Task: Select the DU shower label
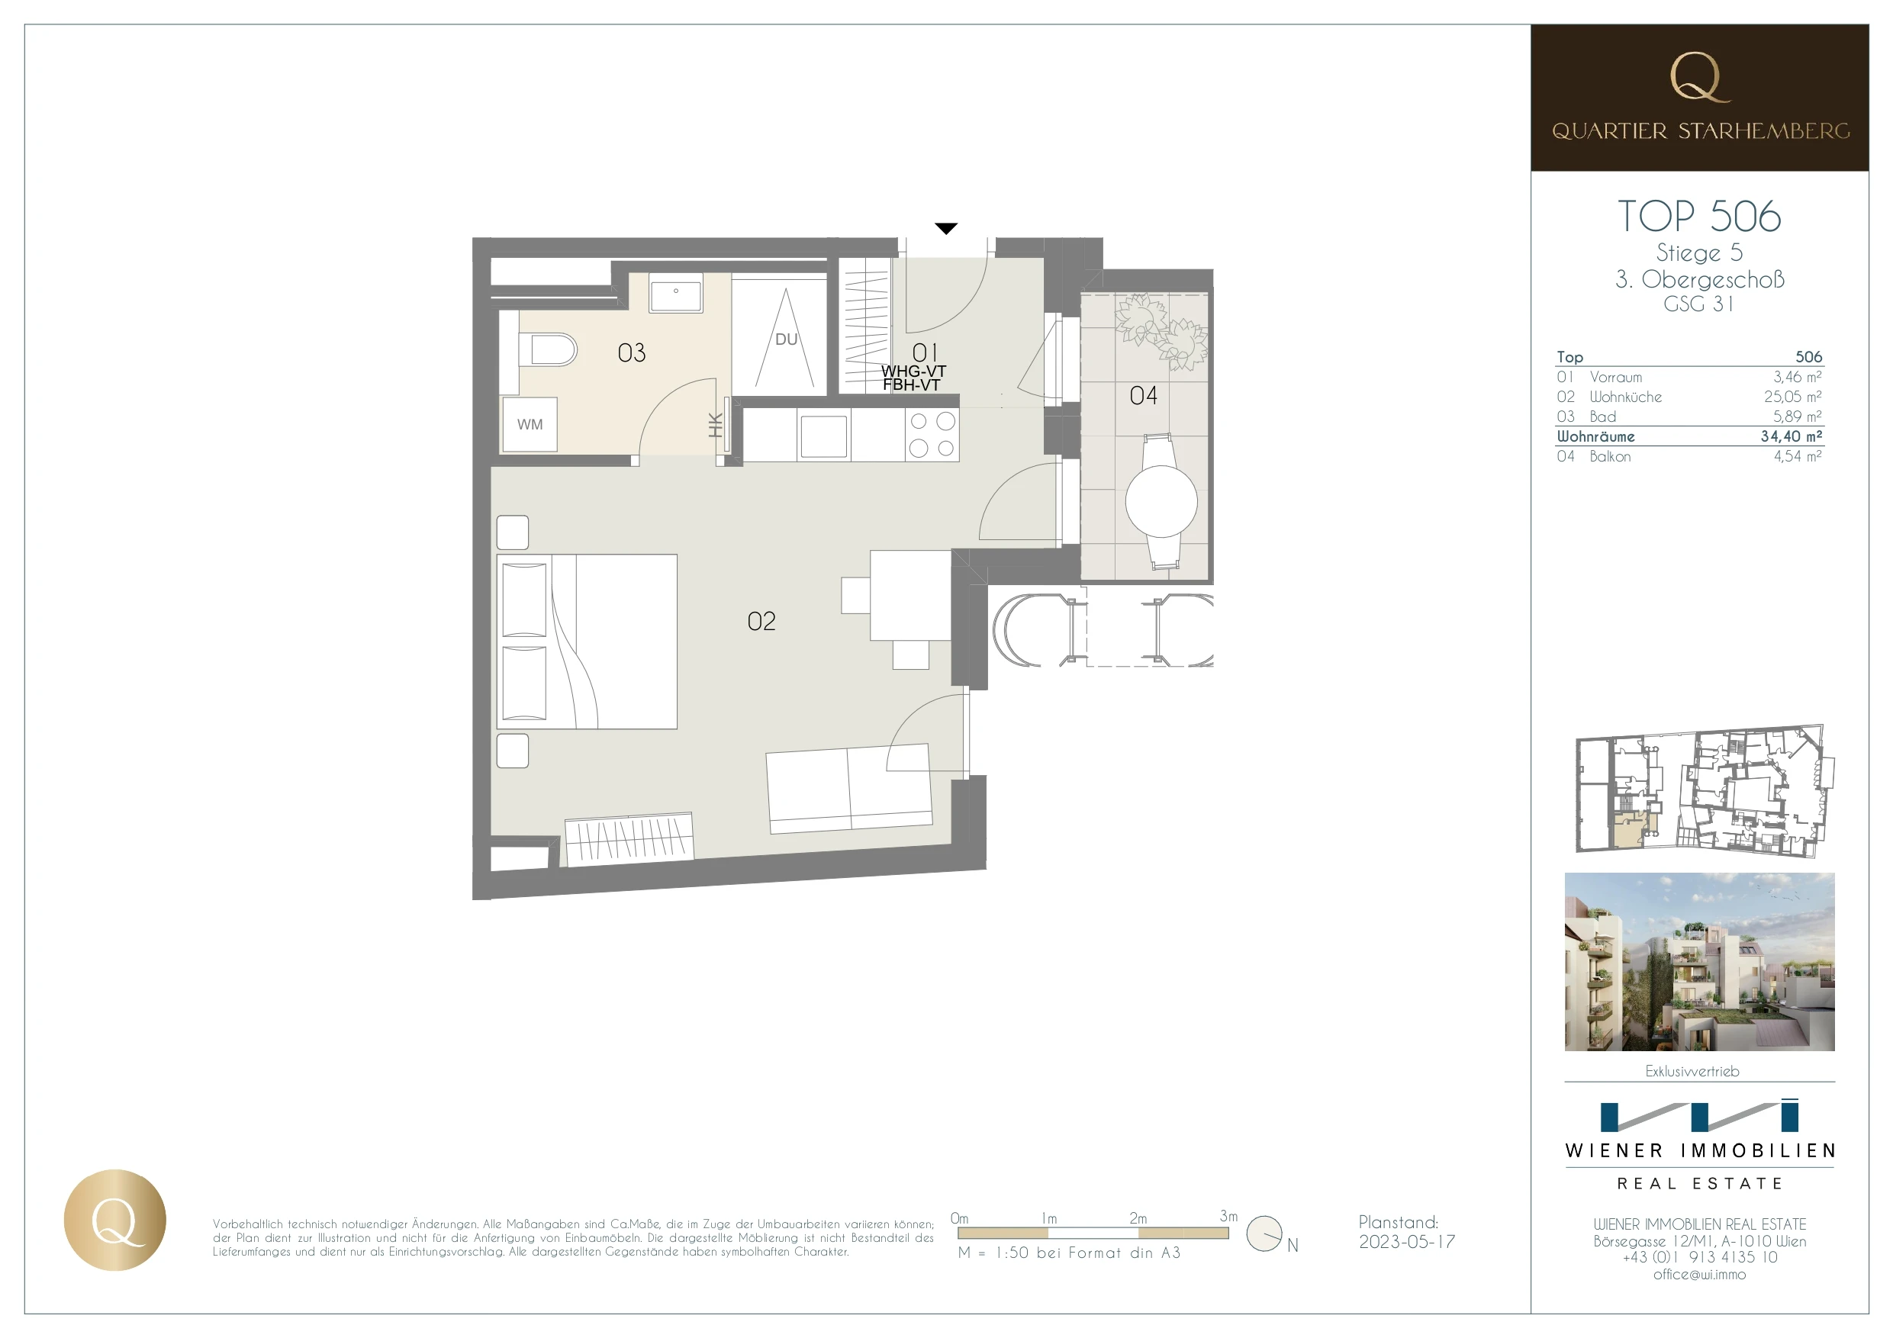tap(787, 339)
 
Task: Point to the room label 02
tap(761, 621)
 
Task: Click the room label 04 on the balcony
tap(1143, 396)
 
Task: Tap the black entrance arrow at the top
tap(945, 228)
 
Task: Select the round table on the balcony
tap(1161, 501)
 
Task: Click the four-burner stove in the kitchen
tap(932, 435)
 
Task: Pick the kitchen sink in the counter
tap(823, 436)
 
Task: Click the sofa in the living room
tap(849, 788)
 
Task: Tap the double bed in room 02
tap(586, 642)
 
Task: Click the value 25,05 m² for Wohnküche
tap(1792, 397)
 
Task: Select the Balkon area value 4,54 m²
tap(1798, 456)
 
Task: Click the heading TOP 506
tap(1699, 216)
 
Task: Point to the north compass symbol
tap(1264, 1233)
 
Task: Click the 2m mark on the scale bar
tap(1138, 1217)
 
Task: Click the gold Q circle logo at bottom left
tap(114, 1220)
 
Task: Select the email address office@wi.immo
tap(1699, 1275)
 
